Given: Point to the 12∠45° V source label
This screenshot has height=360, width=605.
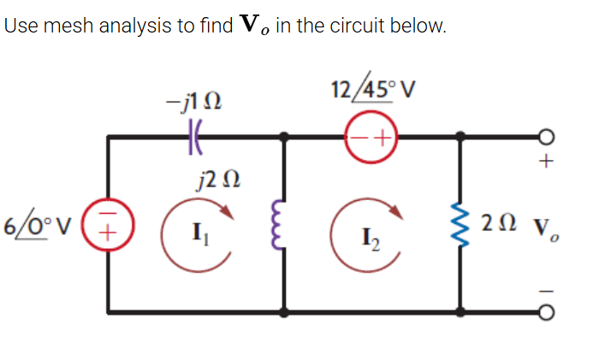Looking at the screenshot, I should click(371, 89).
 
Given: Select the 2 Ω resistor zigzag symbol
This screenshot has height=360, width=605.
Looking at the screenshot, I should click(463, 226).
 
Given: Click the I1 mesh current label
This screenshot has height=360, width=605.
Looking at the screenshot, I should click(197, 231).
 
